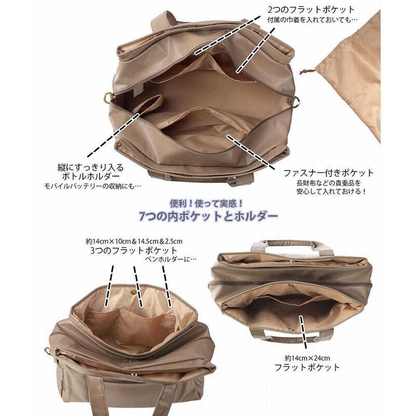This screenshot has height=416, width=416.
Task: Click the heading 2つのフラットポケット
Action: click(x=311, y=10)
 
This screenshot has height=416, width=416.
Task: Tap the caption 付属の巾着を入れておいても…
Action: click(x=312, y=20)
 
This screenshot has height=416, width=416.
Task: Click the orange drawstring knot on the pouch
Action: click(x=308, y=72)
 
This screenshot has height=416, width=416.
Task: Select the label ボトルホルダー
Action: click(x=91, y=176)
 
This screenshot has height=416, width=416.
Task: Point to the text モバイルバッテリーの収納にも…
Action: click(x=93, y=186)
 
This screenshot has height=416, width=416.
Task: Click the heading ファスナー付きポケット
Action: click(x=329, y=173)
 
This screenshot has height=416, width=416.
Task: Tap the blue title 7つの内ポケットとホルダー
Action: click(x=208, y=216)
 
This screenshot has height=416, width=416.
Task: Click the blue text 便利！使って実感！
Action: click(x=206, y=204)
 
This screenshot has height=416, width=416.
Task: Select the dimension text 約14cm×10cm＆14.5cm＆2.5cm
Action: click(x=134, y=241)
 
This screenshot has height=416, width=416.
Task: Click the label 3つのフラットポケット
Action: click(x=134, y=251)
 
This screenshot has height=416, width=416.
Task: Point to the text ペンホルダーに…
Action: click(x=171, y=259)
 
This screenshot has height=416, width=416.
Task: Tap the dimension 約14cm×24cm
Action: click(x=307, y=359)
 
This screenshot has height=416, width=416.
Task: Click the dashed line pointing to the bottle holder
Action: click(x=113, y=135)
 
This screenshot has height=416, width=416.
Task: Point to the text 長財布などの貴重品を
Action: click(x=329, y=183)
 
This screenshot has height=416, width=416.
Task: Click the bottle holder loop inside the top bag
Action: click(x=148, y=103)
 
